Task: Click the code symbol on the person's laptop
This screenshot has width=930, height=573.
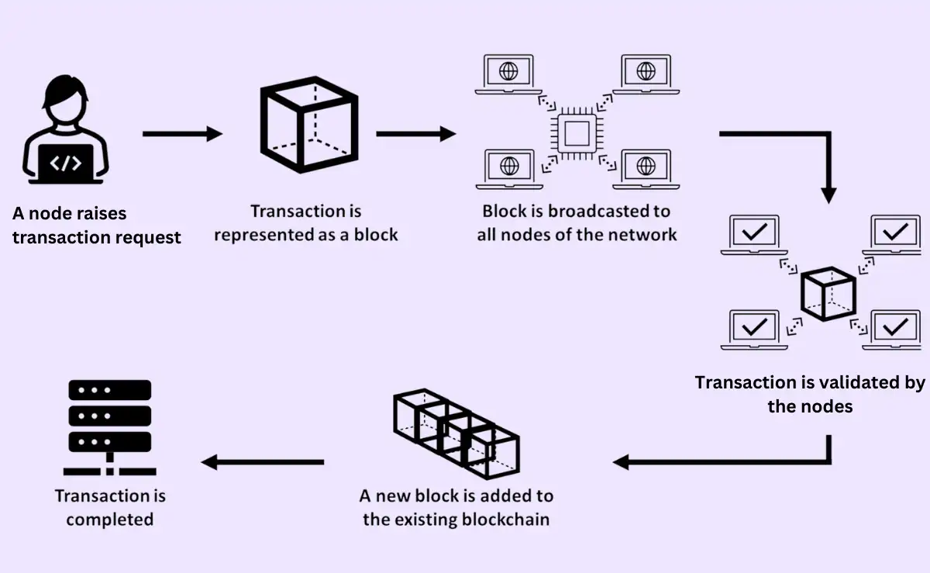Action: click(66, 164)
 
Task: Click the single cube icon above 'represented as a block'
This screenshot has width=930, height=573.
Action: click(308, 126)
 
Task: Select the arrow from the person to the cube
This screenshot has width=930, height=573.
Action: click(183, 134)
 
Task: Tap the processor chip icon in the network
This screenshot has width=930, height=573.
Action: click(577, 134)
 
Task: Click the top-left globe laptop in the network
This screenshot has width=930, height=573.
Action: click(509, 74)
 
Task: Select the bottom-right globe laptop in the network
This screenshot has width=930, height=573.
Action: click(645, 167)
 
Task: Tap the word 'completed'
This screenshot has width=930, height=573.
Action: click(109, 519)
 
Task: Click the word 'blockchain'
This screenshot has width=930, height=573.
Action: click(505, 519)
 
